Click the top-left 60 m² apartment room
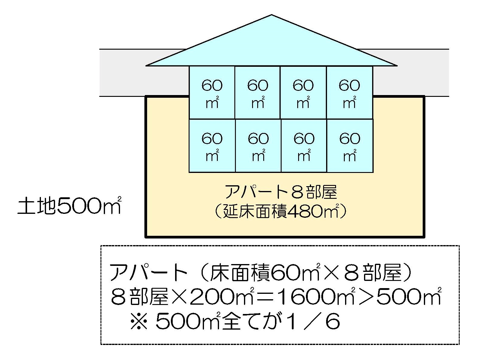pyautogui.click(x=212, y=93)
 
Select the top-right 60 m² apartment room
pyautogui.click(x=349, y=93)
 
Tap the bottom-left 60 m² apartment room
pyautogui.click(x=212, y=146)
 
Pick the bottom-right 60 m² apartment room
pyautogui.click(x=350, y=146)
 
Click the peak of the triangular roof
pyautogui.click(x=272, y=16)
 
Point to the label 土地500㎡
pyautogui.click(x=69, y=206)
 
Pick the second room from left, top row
pyautogui.click(x=258, y=93)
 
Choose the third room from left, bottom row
pyautogui.click(x=304, y=146)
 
